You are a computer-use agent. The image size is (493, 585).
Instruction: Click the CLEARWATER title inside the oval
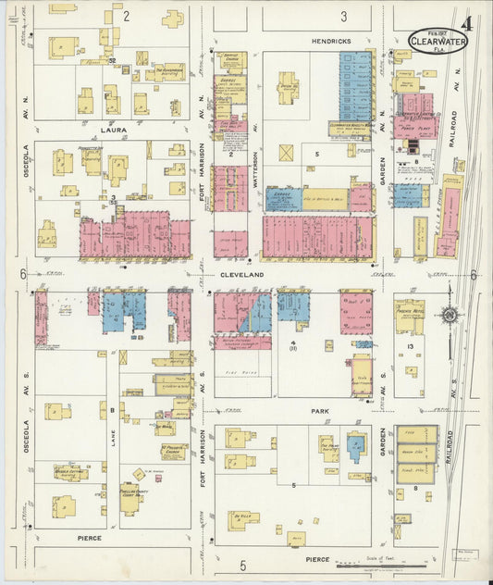point(438,40)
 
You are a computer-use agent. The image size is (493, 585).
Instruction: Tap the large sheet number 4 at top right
point(466,22)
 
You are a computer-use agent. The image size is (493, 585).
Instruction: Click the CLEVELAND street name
point(241,275)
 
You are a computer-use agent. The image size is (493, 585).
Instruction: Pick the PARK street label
point(319,411)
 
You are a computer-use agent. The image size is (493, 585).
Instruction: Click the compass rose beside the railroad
point(450,315)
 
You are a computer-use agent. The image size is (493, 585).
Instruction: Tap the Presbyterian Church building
point(173,451)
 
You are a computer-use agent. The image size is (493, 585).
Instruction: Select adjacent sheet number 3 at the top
point(343,16)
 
